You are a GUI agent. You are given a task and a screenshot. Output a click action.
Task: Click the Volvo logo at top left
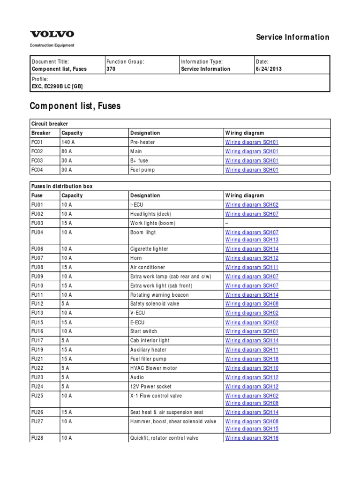[52, 34]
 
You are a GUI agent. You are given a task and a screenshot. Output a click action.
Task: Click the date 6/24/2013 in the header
[269, 69]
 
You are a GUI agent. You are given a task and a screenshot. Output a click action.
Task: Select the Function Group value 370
[112, 69]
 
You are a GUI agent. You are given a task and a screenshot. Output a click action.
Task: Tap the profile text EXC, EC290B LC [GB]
[57, 87]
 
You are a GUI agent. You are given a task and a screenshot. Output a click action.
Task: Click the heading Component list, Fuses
[75, 106]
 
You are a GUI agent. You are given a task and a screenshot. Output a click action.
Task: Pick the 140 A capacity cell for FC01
[68, 142]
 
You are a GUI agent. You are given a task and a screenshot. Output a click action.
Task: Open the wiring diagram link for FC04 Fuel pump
[252, 170]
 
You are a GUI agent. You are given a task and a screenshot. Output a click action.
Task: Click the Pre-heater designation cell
[142, 142]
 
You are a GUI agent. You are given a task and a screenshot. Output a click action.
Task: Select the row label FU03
[37, 223]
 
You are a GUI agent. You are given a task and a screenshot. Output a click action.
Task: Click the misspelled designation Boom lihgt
[143, 232]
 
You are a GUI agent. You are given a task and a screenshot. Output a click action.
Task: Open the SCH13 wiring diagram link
[252, 240]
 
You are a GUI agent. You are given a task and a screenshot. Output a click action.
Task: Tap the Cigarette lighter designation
[149, 249]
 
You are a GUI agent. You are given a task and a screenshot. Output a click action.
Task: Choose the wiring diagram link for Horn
[252, 258]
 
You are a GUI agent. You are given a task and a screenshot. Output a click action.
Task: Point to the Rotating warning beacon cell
[159, 295]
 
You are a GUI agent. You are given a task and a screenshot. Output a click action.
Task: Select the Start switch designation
[143, 331]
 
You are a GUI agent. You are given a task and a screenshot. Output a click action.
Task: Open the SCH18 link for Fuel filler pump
[252, 359]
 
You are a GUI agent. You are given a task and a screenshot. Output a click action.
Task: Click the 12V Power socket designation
[150, 387]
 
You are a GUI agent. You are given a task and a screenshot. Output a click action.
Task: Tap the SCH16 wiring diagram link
[252, 438]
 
